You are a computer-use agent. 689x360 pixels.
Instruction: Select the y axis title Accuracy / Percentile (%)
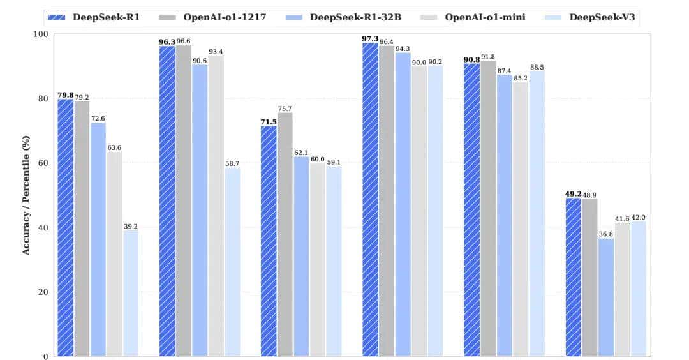click(26, 195)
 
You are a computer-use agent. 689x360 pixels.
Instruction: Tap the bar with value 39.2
click(131, 293)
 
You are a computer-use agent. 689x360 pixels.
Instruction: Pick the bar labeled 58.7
click(232, 262)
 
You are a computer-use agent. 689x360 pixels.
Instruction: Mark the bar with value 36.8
click(605, 297)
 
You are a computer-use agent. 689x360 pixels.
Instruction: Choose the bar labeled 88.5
click(537, 214)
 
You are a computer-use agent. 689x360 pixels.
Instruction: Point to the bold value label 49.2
click(573, 193)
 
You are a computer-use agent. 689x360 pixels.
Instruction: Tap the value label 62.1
click(302, 153)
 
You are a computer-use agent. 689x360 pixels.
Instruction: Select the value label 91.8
click(488, 57)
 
